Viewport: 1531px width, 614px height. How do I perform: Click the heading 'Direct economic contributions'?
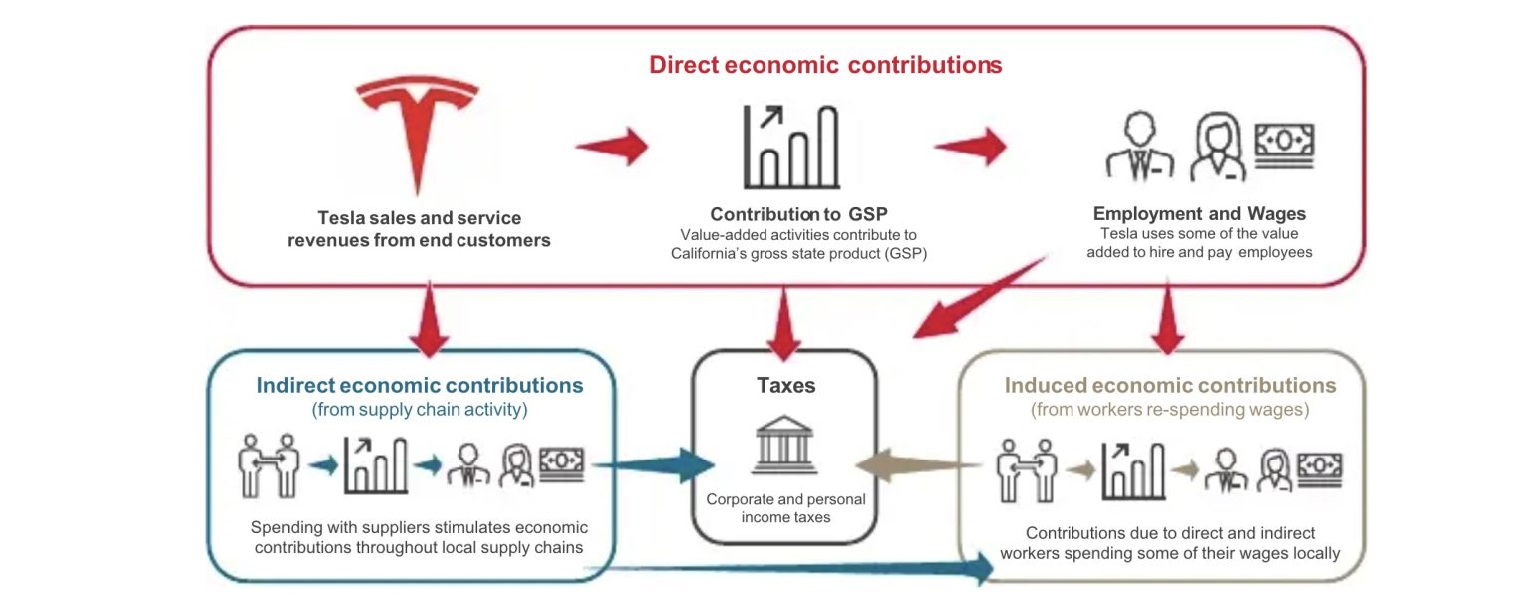tap(825, 64)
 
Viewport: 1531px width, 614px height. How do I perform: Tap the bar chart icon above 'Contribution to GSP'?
tap(791, 147)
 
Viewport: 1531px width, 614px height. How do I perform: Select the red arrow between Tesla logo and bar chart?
tap(612, 146)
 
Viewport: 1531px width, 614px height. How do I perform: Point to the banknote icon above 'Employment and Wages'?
tap(1284, 145)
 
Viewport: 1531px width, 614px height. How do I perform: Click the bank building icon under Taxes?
tap(784, 445)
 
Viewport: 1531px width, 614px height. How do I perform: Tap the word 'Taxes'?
tap(786, 385)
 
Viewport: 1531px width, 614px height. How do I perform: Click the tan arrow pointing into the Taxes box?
tap(919, 465)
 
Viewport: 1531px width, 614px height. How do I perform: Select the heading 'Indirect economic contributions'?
tap(420, 385)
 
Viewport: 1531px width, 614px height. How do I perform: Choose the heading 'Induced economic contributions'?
tap(1169, 385)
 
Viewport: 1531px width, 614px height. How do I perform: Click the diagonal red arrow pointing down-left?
tap(979, 297)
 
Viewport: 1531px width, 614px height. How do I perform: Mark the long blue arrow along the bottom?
tap(786, 568)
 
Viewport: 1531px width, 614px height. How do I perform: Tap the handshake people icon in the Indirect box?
tap(268, 465)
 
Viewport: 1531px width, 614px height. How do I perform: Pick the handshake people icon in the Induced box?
tap(1026, 470)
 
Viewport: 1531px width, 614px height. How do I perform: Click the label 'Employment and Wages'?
tap(1199, 214)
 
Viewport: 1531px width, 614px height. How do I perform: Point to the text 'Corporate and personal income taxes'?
tap(785, 508)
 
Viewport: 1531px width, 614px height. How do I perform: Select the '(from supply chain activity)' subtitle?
tap(420, 409)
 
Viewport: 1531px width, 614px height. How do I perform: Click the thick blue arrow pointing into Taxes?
tap(653, 465)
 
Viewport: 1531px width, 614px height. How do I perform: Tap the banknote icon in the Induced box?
tap(1320, 469)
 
